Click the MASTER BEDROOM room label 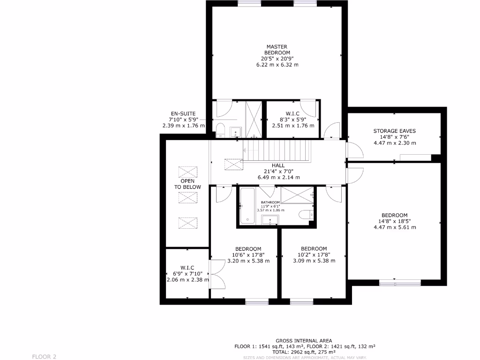[277, 50]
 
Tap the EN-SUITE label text [183, 113]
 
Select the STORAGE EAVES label [394, 131]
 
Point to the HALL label [278, 165]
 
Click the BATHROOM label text [270, 202]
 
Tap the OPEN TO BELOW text [187, 184]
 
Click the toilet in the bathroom [306, 215]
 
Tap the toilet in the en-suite [220, 129]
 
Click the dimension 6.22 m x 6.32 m [277, 65]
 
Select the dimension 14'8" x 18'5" [394, 221]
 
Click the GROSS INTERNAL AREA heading [304, 341]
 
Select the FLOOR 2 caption [44, 357]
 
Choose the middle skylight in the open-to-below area [187, 198]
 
